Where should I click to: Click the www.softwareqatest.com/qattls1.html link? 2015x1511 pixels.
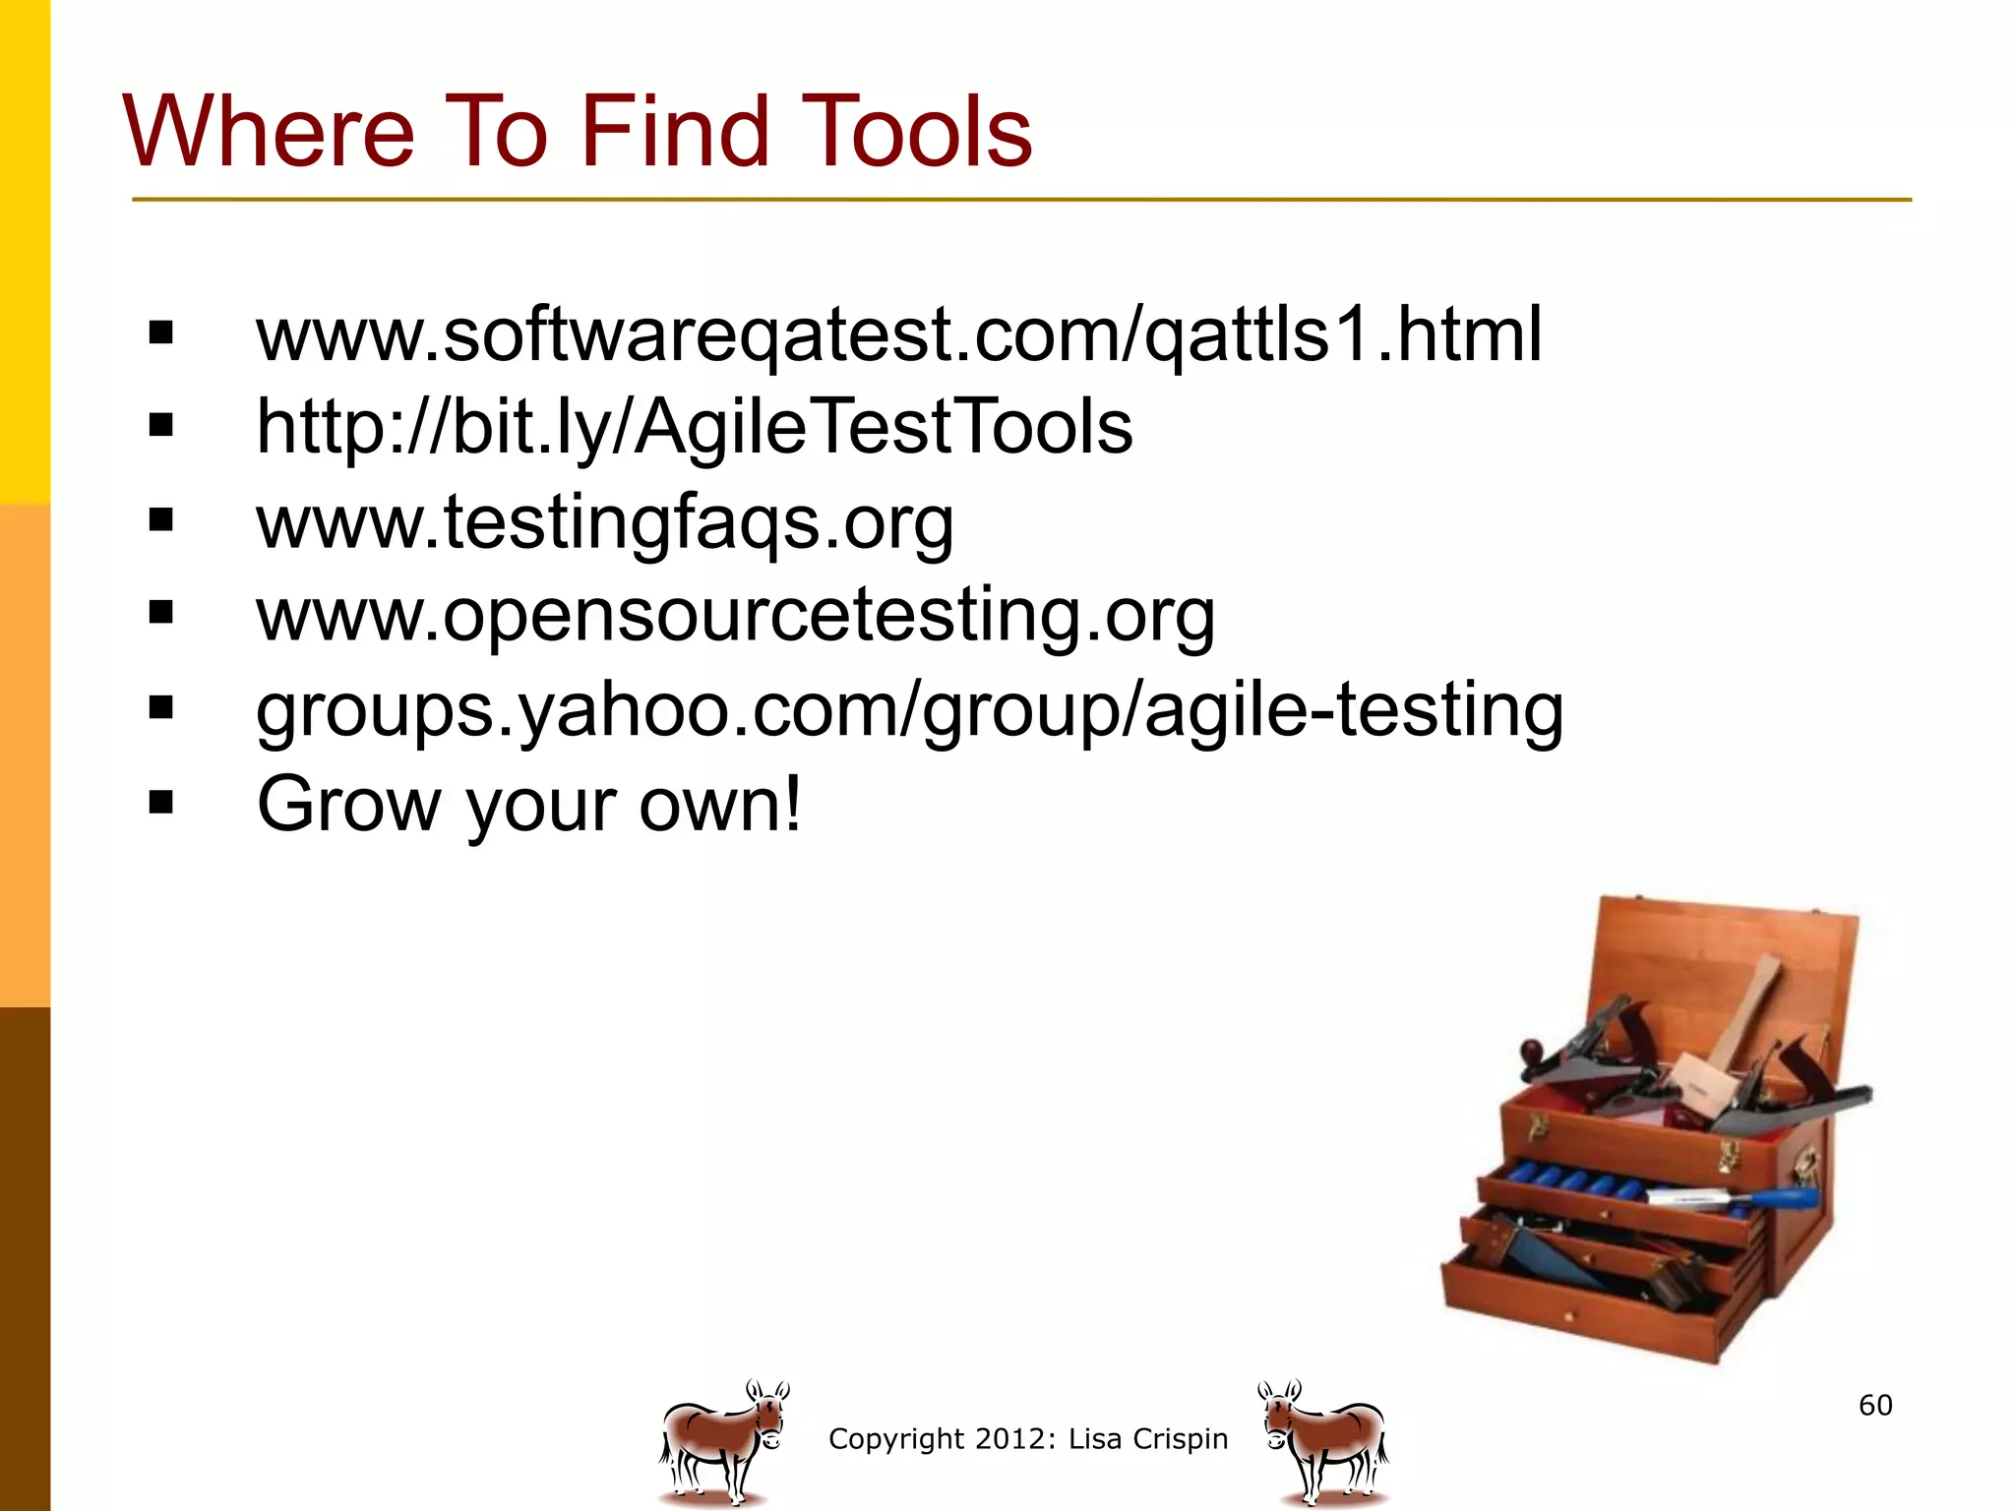click(898, 335)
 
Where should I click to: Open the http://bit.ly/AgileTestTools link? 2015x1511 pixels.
click(694, 428)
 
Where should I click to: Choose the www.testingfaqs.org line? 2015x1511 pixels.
click(604, 522)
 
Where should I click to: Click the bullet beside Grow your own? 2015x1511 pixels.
click(160, 803)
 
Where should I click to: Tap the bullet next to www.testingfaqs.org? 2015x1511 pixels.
click(160, 519)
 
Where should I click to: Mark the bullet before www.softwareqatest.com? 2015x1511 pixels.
click(160, 332)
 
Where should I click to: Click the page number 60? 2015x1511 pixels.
click(1875, 1405)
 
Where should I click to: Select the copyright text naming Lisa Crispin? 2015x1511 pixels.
click(1028, 1438)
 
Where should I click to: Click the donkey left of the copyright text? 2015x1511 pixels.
click(723, 1442)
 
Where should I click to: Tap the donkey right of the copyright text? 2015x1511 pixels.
click(1324, 1442)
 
